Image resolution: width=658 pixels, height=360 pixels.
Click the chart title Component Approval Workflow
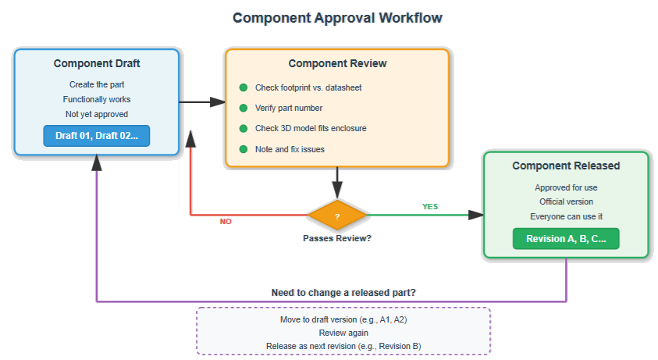[337, 17]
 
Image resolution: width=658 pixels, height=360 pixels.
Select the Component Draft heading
[97, 63]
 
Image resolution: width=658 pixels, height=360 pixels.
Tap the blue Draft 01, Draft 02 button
[97, 136]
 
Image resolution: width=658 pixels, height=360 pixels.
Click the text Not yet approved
[97, 114]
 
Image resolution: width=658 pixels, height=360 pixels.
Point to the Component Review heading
[337, 63]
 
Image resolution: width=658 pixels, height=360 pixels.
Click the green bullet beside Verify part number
[244, 108]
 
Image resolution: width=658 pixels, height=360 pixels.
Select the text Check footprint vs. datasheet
[308, 87]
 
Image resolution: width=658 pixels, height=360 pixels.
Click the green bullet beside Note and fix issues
[244, 149]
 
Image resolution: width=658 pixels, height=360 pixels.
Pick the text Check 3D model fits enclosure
[311, 128]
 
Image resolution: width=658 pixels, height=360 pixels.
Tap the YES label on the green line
[430, 207]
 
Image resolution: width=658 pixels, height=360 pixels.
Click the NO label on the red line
[226, 222]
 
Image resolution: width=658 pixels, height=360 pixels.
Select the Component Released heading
[566, 166]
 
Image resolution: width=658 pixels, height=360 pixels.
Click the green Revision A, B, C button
[566, 239]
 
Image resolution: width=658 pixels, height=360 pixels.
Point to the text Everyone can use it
[566, 216]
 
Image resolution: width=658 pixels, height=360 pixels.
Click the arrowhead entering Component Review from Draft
[216, 102]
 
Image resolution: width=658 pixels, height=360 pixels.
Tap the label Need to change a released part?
[343, 292]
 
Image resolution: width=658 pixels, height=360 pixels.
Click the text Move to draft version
[343, 319]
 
